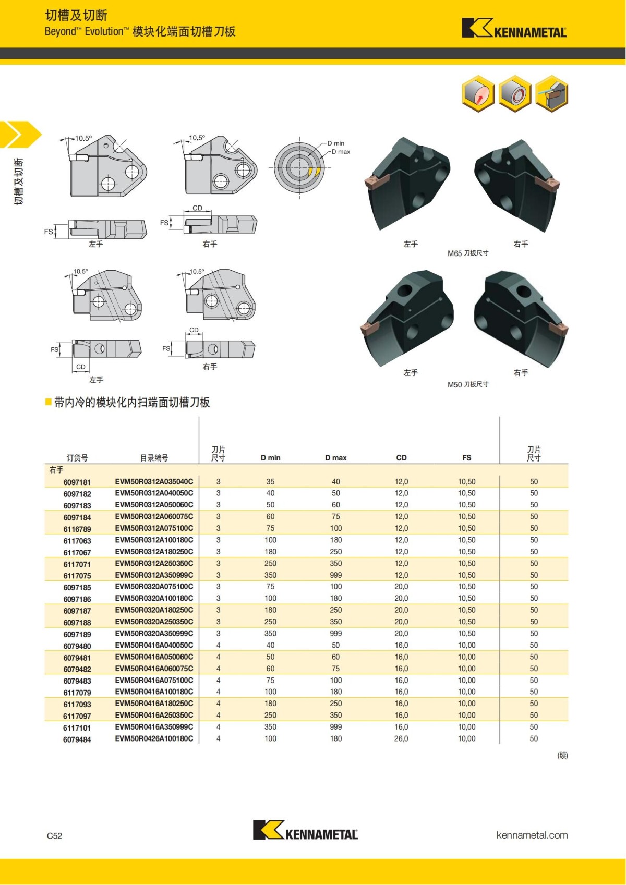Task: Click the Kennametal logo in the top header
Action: pos(514,29)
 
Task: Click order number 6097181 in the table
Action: pos(77,482)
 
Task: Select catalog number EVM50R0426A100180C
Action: pos(154,738)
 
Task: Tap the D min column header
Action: pos(270,458)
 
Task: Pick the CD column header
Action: pos(401,458)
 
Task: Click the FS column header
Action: pos(466,458)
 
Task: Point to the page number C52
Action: pos(54,835)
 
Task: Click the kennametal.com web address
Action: pos(532,835)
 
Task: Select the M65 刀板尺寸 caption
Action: pos(468,253)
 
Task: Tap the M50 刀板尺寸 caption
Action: pos(468,384)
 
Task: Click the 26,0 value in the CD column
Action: pos(401,738)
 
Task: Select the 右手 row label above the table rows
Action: pos(56,470)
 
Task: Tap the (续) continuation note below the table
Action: pos(562,755)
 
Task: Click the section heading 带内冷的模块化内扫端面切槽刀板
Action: pos(131,402)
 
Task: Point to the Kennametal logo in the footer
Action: pos(305,830)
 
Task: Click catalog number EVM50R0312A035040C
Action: pos(154,481)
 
